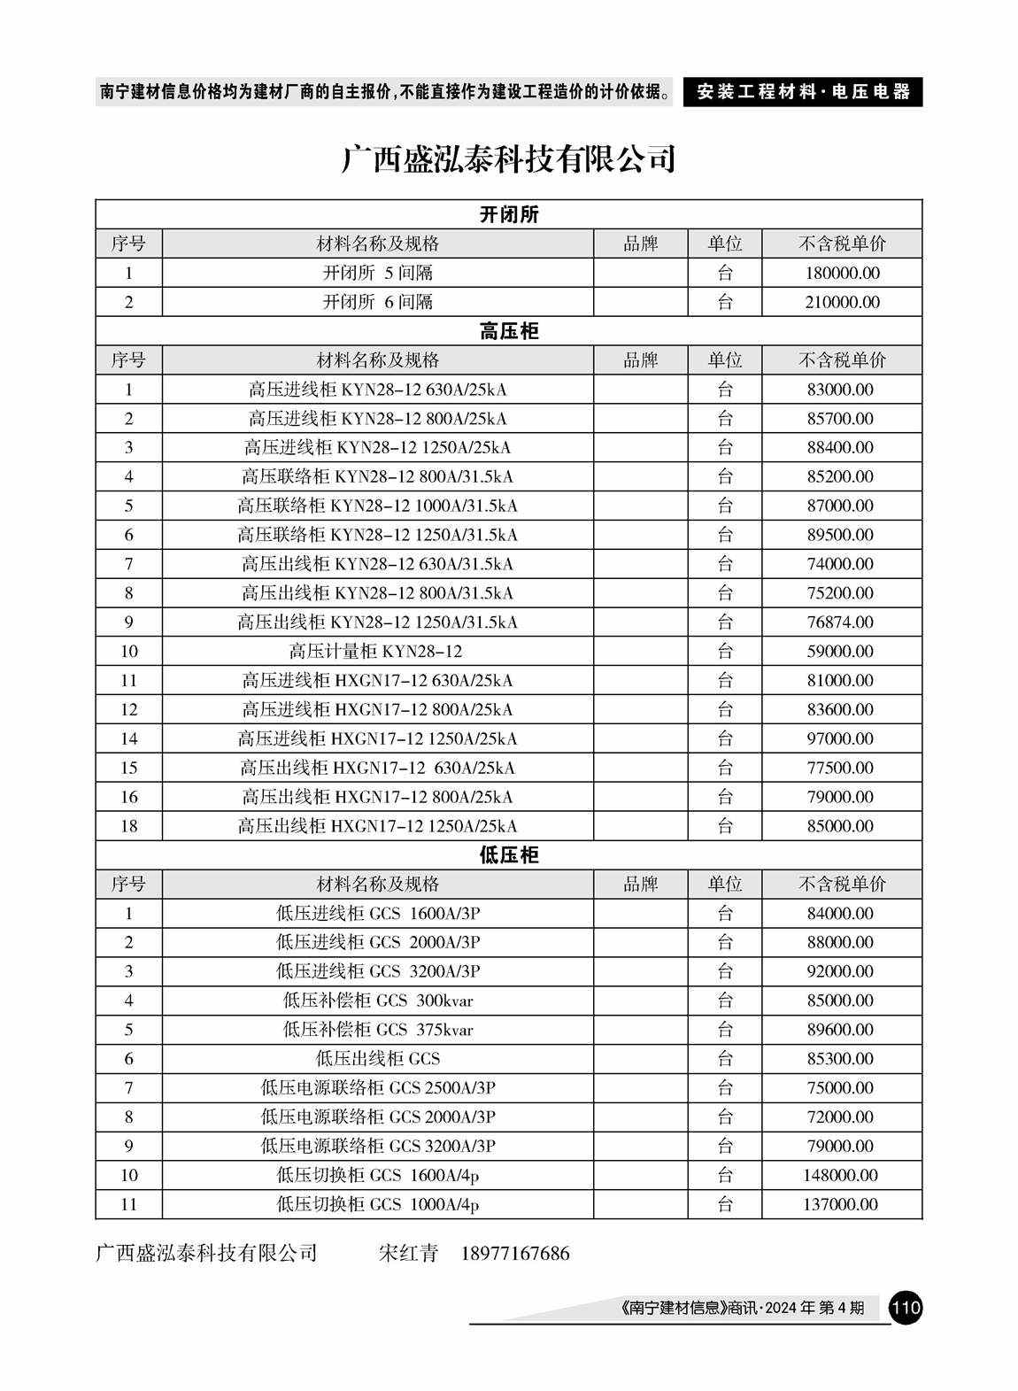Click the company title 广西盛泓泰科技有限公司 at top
[x=508, y=159]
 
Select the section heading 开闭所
[x=508, y=215]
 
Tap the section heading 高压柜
[x=508, y=332]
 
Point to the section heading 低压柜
[x=508, y=855]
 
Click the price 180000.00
[x=842, y=274]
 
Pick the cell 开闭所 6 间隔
[x=377, y=302]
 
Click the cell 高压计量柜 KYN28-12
[x=376, y=652]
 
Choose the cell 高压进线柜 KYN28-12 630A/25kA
[x=377, y=390]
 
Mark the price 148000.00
[x=841, y=1176]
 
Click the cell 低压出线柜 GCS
[x=377, y=1059]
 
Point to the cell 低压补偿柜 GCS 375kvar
[x=377, y=1030]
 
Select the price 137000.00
[x=841, y=1205]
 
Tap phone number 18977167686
[x=515, y=1254]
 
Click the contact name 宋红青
[x=408, y=1254]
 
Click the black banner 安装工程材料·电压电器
[x=803, y=92]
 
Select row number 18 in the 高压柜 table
[x=129, y=826]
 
